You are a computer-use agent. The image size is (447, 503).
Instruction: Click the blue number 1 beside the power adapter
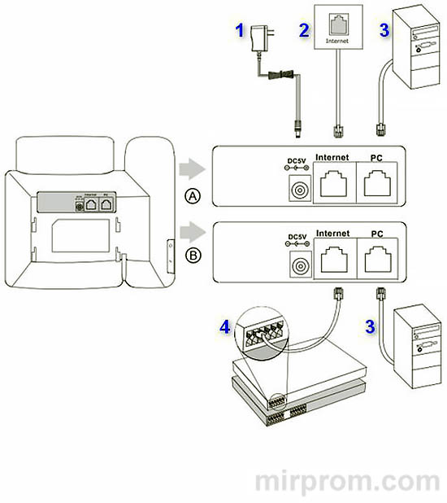click(x=240, y=32)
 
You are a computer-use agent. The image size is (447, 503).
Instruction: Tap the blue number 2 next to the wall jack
click(x=304, y=32)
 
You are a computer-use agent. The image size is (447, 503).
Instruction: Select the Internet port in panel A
click(x=333, y=185)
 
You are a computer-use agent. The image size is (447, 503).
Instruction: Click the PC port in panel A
click(x=378, y=185)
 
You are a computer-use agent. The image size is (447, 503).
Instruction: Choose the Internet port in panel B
click(x=333, y=261)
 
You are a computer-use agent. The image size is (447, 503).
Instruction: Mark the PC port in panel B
click(x=378, y=261)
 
